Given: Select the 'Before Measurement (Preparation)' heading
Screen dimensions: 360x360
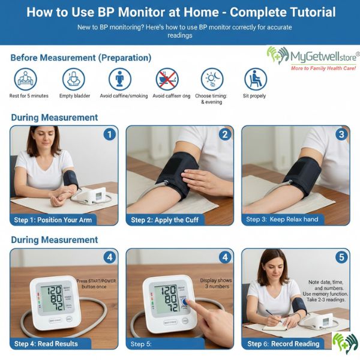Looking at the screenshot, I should pos(81,58).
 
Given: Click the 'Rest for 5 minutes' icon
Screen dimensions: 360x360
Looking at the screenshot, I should pos(26,79).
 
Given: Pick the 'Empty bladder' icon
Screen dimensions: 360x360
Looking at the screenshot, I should pos(73,79).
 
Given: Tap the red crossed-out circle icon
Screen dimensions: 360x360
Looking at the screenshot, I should pos(167,79).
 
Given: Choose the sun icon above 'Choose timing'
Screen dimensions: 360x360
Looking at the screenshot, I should pos(211,79).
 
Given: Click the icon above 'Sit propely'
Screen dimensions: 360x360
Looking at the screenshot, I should pos(256,79).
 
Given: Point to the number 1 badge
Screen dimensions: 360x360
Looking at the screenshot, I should pos(109,134).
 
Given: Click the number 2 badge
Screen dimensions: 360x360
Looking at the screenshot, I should pos(225,134).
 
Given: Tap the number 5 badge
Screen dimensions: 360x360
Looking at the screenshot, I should pos(341,257).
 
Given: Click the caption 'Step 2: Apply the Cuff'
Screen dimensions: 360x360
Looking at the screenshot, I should pos(164,220).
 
